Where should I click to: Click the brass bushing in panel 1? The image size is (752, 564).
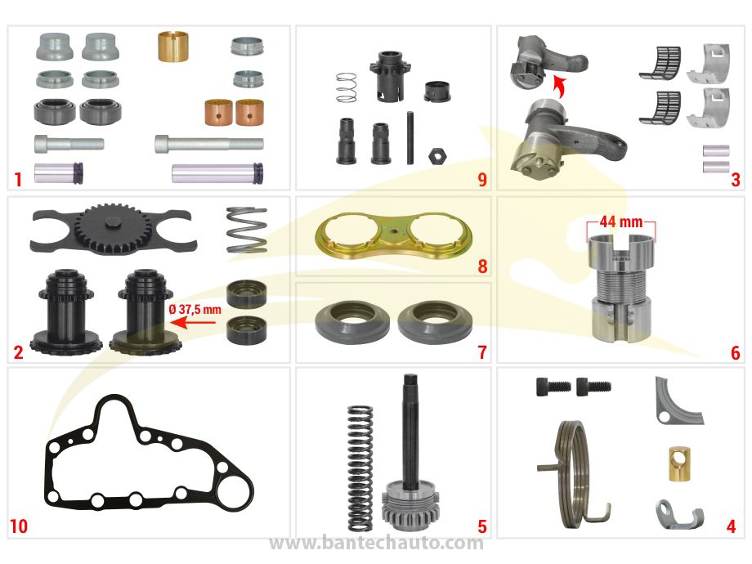(x=173, y=47)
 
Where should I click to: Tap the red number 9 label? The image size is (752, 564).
(x=482, y=180)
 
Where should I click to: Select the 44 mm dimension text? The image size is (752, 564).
(x=621, y=222)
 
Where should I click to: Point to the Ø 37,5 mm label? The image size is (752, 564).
(x=195, y=309)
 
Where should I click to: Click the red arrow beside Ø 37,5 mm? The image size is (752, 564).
(x=192, y=322)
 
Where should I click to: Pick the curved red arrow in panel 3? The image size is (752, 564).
(x=559, y=86)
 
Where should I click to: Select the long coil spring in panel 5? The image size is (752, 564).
(x=360, y=468)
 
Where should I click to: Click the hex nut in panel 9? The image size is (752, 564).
(x=437, y=156)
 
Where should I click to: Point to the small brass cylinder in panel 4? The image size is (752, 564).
(x=679, y=463)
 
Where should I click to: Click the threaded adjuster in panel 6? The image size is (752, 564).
(x=621, y=288)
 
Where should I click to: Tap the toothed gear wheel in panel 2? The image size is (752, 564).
(x=113, y=228)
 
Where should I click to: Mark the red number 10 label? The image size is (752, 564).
(x=19, y=526)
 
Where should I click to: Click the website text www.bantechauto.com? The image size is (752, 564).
(x=377, y=543)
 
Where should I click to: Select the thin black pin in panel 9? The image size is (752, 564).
(x=410, y=138)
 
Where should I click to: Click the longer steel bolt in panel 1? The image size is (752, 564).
(x=209, y=143)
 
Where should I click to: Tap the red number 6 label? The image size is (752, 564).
(x=735, y=353)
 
